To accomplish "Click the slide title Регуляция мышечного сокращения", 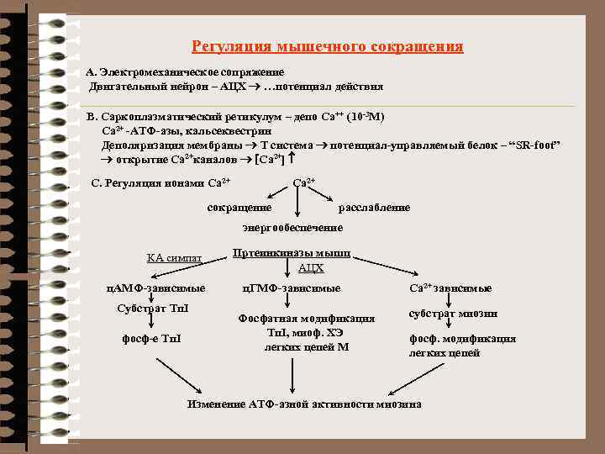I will pos(327,47).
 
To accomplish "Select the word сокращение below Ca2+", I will pos(239,207).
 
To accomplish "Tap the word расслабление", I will pos(374,207).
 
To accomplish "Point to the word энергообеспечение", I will pos(292,228).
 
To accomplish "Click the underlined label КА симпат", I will pos(174,257).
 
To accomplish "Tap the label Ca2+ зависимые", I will pos(450,288).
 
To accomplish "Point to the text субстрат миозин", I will pos(453,313).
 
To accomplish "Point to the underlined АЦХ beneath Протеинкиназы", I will pos(311,268).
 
